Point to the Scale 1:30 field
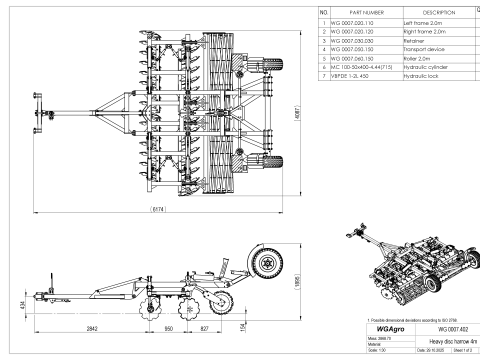370,352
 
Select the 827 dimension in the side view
204,326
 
